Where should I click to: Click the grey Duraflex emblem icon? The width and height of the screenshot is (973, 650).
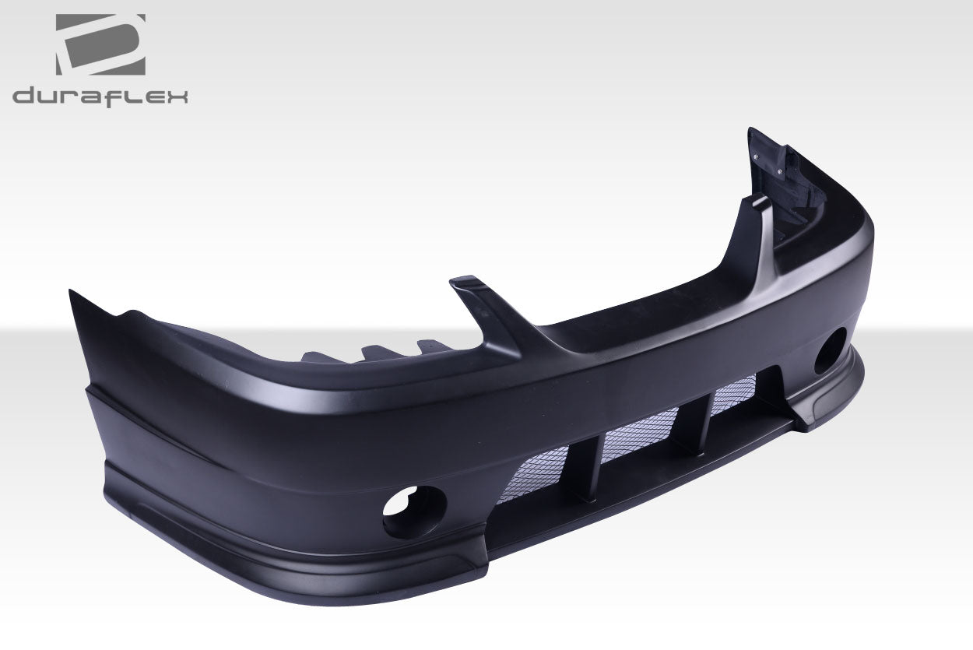pos(100,44)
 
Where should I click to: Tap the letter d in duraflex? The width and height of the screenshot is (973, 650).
pos(24,97)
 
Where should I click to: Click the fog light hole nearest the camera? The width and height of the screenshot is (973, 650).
pos(410,511)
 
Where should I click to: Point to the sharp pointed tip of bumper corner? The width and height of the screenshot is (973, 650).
pos(71,293)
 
